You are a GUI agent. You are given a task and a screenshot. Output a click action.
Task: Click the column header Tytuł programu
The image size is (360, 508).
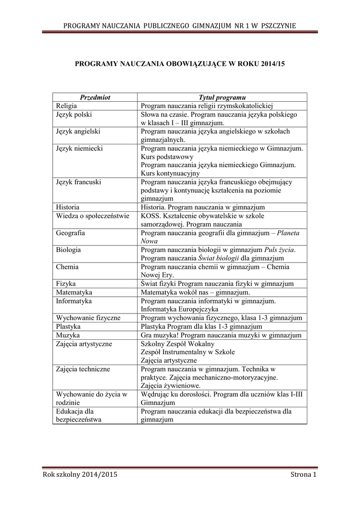[x=222, y=98]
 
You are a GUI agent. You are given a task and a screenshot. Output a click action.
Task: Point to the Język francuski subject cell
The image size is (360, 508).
[x=78, y=182]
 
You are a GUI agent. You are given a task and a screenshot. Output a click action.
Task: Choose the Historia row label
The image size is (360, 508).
[x=68, y=207]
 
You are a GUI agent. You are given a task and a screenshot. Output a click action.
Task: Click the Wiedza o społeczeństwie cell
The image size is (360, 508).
[x=92, y=216]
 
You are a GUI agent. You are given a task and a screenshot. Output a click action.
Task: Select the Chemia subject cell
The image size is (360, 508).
[x=67, y=266]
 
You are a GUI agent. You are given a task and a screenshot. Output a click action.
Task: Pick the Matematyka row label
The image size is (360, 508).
[x=74, y=292]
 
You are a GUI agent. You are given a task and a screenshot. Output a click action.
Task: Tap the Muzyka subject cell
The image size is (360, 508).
[x=68, y=335]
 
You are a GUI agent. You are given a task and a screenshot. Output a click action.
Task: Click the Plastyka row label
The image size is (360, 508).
[x=69, y=326]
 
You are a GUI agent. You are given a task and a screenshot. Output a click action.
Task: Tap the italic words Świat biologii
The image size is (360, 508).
[x=219, y=258]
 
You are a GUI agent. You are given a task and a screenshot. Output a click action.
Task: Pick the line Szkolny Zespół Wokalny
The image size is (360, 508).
[x=178, y=343]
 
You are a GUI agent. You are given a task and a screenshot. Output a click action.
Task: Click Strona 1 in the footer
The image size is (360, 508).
[x=303, y=475]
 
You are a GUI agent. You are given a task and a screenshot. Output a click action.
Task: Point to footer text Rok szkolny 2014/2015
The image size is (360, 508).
[x=80, y=475]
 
